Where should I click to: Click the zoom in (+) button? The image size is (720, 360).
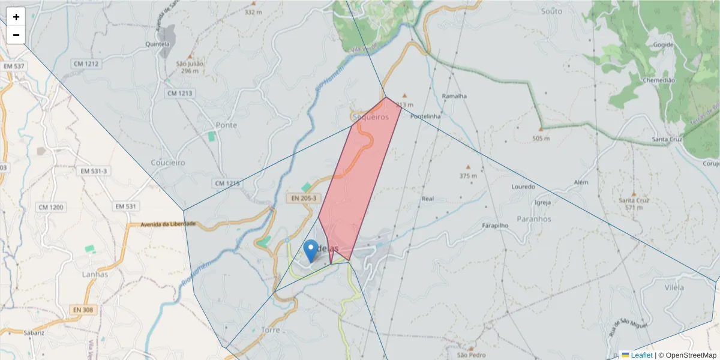point(16,17)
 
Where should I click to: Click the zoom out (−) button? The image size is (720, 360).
point(16,35)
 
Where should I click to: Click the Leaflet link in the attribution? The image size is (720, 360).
point(641,355)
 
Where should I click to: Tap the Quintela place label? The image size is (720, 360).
point(159,44)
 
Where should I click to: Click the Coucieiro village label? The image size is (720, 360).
point(168,163)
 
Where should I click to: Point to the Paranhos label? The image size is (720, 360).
point(533,219)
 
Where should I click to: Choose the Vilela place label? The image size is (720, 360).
point(674,287)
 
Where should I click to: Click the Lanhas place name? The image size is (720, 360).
point(95,274)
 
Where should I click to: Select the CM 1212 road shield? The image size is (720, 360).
point(86,64)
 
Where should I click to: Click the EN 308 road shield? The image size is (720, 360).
point(83,310)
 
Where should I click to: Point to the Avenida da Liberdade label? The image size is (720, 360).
point(169,224)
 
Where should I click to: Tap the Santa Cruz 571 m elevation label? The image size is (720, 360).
point(634,203)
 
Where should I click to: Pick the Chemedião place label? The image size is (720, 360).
point(659,80)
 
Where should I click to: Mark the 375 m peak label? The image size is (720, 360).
point(468,176)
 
